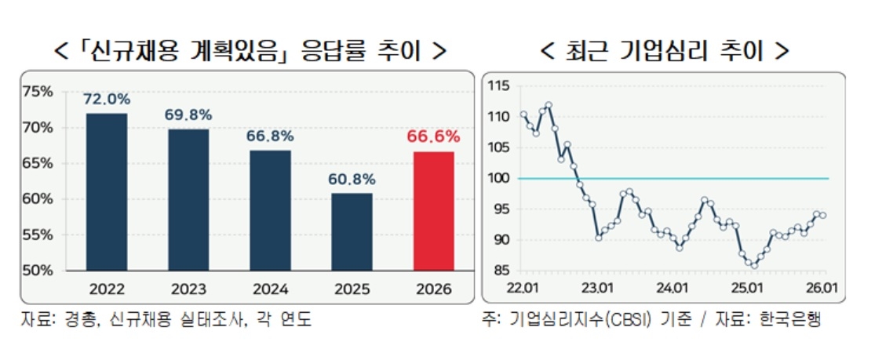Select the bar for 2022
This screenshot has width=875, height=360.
click(x=107, y=191)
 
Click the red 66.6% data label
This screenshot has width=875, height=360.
click(x=432, y=137)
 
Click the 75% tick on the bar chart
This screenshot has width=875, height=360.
click(x=38, y=92)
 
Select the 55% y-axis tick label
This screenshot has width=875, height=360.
click(x=38, y=235)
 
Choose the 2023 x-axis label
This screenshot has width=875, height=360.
click(x=188, y=289)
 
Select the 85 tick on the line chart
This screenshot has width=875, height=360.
click(x=499, y=271)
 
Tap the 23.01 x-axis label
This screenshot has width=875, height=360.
click(x=598, y=288)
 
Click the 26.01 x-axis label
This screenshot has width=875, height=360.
click(x=822, y=288)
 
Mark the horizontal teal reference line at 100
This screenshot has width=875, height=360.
click(x=706, y=178)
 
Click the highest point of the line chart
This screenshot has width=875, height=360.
click(x=549, y=104)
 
